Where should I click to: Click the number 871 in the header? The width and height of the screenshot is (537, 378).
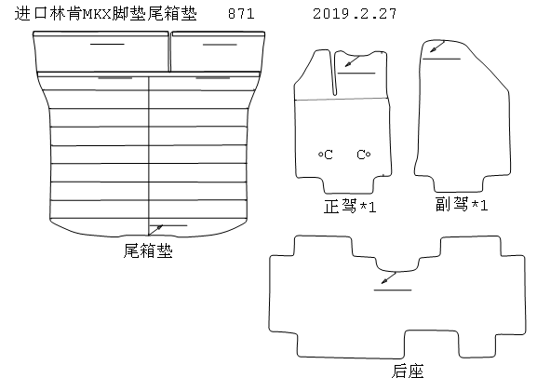241,14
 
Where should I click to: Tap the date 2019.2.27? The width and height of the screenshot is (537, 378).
355,14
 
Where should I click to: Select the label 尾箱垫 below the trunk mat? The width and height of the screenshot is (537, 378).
148,250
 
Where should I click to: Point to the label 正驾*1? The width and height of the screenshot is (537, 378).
350,207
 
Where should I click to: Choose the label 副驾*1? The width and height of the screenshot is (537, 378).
462,204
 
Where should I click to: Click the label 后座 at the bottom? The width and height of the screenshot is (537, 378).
408,371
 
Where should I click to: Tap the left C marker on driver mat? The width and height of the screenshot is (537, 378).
326,155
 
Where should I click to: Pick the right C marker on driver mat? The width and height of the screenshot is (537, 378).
363,155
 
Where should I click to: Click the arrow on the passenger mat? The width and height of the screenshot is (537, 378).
437,47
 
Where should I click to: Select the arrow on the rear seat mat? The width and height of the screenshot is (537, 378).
389,278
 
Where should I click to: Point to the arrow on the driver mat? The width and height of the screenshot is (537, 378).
353,61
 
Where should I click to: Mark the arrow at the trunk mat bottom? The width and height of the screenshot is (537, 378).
155,230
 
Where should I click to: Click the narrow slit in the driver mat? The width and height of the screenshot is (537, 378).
335,74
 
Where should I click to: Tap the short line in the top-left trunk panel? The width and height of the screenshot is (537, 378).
107,44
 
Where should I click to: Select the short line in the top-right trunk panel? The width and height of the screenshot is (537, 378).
220,45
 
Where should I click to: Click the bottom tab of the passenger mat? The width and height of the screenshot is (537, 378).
459,184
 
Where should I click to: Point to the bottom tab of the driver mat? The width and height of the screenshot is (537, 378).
348,186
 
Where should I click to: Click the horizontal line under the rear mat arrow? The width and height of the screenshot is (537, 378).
393,290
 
